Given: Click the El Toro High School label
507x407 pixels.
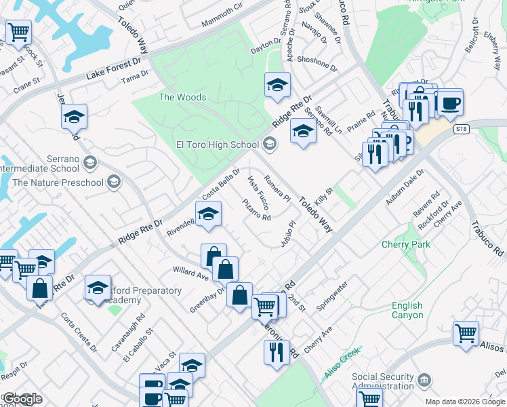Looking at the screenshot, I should click(218, 144).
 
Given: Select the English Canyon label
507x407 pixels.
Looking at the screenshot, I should click(407, 310).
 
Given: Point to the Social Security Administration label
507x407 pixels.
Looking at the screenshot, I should click(383, 381).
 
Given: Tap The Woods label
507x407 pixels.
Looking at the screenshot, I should click(182, 97).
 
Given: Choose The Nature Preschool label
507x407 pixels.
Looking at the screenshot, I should click(58, 182).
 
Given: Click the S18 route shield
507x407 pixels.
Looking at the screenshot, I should click(462, 129).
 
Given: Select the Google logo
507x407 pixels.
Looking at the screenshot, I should click(22, 399).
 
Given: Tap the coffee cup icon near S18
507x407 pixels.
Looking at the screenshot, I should click(450, 103).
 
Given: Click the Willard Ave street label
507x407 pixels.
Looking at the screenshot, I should click(190, 274).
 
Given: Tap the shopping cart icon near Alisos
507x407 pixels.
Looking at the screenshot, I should click(466, 334).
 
